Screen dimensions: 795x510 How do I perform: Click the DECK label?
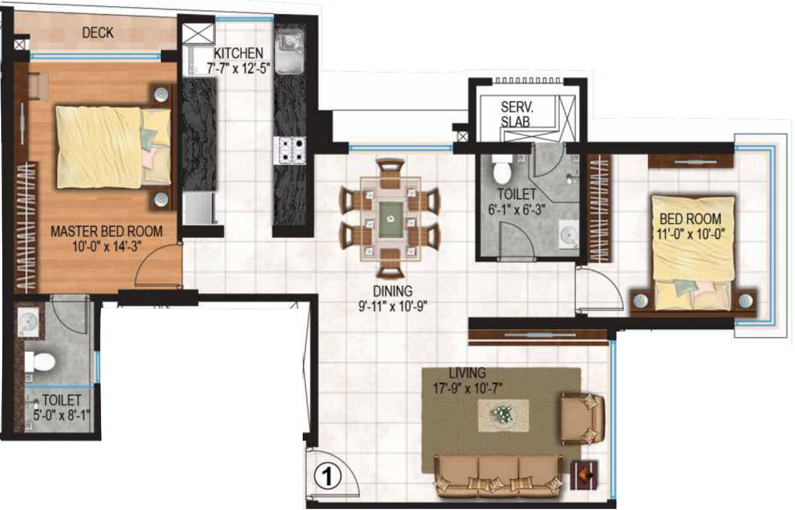coord(98,33)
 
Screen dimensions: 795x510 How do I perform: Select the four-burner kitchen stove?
coord(290,151)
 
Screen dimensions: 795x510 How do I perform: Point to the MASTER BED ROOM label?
coord(106,231)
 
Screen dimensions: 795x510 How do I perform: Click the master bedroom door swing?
coord(159,264)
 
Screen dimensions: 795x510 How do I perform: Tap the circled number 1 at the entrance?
coord(327,476)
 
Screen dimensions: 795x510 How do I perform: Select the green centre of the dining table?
coord(391,220)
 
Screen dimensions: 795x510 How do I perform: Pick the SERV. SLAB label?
coord(515,114)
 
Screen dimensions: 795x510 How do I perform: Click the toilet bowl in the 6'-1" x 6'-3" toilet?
coord(502,170)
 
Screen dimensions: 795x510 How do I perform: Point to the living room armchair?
coord(582,419)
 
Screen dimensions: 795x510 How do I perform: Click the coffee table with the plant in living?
coord(503,415)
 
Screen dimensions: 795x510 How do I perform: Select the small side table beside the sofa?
coord(584,475)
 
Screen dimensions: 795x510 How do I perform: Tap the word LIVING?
coord(467,373)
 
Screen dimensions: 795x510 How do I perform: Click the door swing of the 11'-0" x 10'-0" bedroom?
coord(600,290)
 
